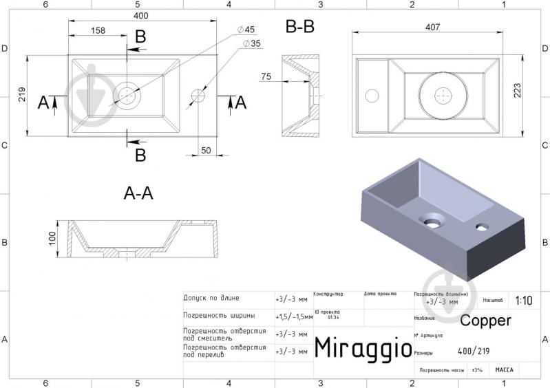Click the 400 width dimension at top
[x=141, y=14]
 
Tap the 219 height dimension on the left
[x=22, y=96]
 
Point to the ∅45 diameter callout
[x=246, y=29]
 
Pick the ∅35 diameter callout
[x=251, y=43]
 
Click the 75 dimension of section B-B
[x=266, y=76]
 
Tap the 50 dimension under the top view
[x=206, y=150]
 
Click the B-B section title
[x=300, y=27]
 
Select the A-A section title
[x=138, y=194]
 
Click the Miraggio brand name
[x=363, y=347]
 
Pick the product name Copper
[x=485, y=321]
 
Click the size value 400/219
[x=474, y=351]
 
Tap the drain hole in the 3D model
[x=434, y=222]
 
